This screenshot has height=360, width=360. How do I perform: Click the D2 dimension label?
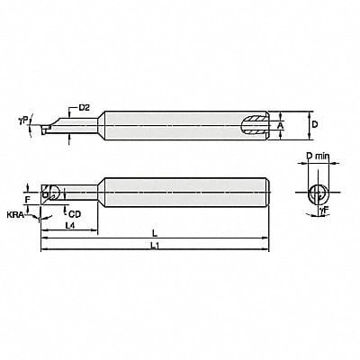point(84,108)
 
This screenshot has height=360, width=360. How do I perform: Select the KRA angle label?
point(16,216)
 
